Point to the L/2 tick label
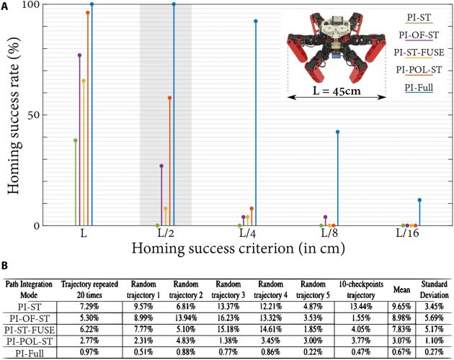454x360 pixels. click(x=166, y=234)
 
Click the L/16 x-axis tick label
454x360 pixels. click(x=408, y=234)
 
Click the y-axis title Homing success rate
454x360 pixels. click(x=13, y=115)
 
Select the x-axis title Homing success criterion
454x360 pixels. click(x=246, y=249)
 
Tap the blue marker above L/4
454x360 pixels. click(x=255, y=22)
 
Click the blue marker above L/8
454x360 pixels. click(x=337, y=132)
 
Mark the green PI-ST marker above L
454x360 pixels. click(x=76, y=140)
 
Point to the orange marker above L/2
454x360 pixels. click(x=170, y=98)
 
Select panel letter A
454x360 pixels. click(x=5, y=5)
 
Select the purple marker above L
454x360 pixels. click(x=79, y=55)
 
